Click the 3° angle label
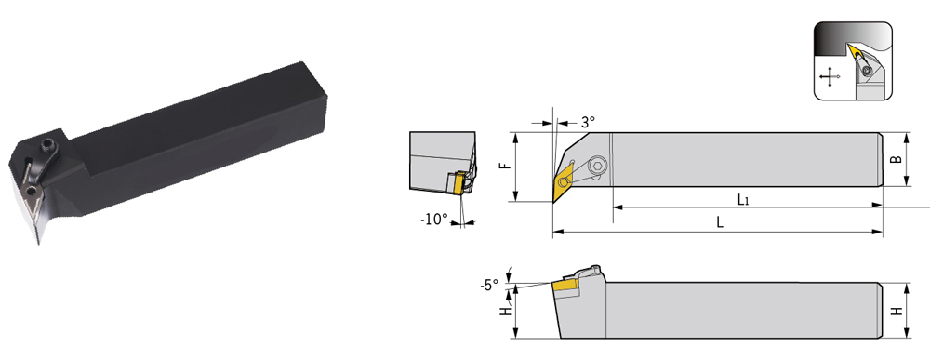coord(588,122)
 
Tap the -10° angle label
coord(434,220)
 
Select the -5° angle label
coord(489,286)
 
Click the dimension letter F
coord(505,163)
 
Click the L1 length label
coord(743,199)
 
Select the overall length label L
coord(720,222)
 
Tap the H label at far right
coord(898,310)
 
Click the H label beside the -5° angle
coord(506,310)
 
